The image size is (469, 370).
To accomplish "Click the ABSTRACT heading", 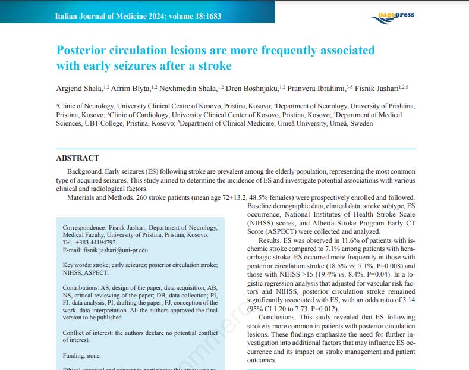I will point(78,158).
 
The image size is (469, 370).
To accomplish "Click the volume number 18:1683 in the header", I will point(203,16).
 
